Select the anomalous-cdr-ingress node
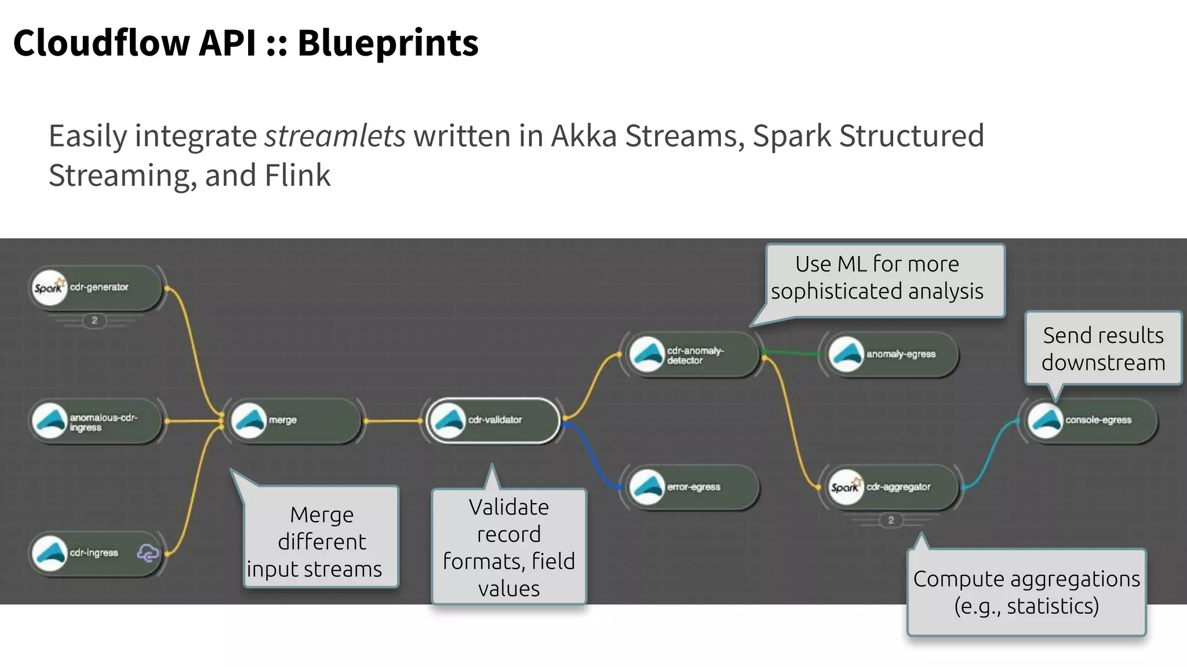click(x=96, y=422)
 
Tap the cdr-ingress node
click(x=96, y=554)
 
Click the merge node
click(x=296, y=420)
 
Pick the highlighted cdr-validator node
click(x=494, y=420)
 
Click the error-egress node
click(x=693, y=487)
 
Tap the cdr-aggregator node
click(x=893, y=487)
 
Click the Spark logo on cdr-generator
click(x=49, y=288)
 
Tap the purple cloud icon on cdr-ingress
click(x=147, y=554)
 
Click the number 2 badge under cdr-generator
click(x=94, y=320)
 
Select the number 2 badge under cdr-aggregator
click(x=891, y=520)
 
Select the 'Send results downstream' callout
click(x=1102, y=349)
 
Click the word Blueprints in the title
click(x=388, y=43)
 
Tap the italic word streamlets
click(x=334, y=137)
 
